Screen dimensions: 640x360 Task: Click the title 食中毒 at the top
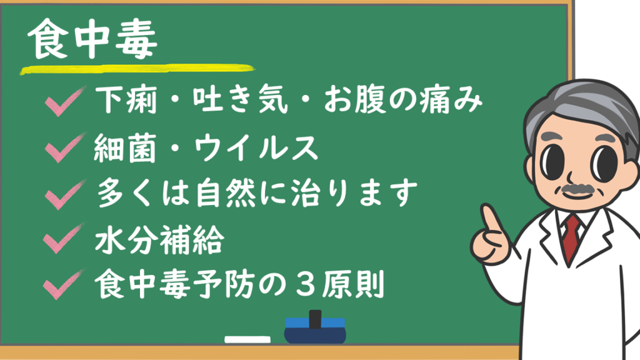pyautogui.click(x=92, y=39)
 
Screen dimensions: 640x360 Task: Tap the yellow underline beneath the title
pyautogui.click(x=137, y=69)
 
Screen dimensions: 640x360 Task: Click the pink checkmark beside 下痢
pyautogui.click(x=65, y=101)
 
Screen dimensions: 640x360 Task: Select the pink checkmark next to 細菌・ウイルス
pyautogui.click(x=65, y=147)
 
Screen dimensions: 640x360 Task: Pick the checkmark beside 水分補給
pyautogui.click(x=64, y=238)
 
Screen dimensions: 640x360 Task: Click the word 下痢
pyautogui.click(x=126, y=99)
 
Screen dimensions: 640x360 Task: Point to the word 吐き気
pyautogui.click(x=241, y=99)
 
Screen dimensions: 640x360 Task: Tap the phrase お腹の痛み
pyautogui.click(x=403, y=99)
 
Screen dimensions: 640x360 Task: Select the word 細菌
pyautogui.click(x=125, y=147)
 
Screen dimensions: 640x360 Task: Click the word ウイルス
pyautogui.click(x=256, y=147)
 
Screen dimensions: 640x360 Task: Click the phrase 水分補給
pyautogui.click(x=159, y=239)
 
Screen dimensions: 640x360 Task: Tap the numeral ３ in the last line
pyautogui.click(x=303, y=284)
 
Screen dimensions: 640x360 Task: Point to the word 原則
pyautogui.click(x=353, y=284)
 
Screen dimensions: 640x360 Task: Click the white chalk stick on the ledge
pyautogui.click(x=247, y=339)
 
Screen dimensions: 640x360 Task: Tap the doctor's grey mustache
pyautogui.click(x=577, y=189)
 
